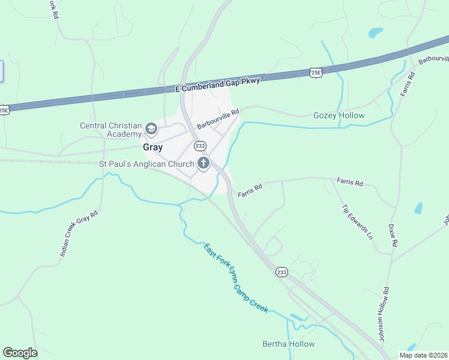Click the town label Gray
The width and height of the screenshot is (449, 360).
point(152,146)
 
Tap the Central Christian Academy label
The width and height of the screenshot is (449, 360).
point(111,130)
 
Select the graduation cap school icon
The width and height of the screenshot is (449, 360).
point(151,128)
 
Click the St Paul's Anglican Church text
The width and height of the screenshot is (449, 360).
point(146,164)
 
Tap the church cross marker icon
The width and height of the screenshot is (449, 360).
point(203,163)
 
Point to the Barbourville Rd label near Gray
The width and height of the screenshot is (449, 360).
point(218,119)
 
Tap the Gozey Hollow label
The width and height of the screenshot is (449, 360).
point(339,115)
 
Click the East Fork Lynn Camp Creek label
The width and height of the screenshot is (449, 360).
point(235,277)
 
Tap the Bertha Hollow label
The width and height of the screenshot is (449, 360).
point(289,344)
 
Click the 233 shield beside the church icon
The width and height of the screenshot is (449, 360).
point(200,146)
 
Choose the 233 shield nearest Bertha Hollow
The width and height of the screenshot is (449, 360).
point(282,272)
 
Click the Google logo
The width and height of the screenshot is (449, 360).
point(20,353)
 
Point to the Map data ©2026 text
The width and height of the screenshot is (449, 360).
point(423,355)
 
